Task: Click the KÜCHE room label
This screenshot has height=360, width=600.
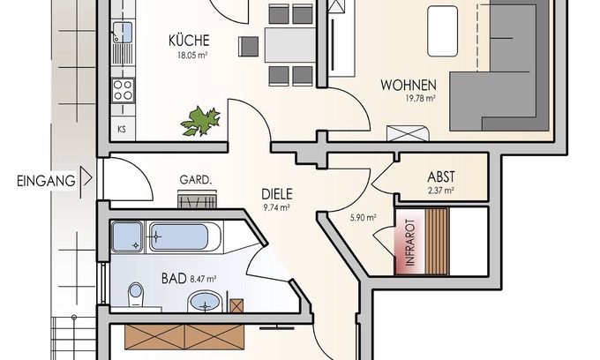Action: (189, 41)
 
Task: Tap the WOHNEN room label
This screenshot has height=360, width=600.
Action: (409, 85)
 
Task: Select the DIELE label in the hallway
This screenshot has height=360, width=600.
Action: (277, 194)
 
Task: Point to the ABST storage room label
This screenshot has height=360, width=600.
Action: (441, 176)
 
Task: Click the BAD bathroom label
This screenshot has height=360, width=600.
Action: (174, 278)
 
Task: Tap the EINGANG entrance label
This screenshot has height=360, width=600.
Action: (46, 181)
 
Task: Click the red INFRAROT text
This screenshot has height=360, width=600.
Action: (409, 242)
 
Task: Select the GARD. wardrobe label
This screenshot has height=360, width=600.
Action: (196, 180)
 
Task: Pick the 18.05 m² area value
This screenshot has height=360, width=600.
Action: (192, 55)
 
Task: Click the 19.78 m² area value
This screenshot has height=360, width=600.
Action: (421, 98)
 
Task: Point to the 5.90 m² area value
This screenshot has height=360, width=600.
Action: (364, 218)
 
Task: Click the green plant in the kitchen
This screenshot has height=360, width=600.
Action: (201, 121)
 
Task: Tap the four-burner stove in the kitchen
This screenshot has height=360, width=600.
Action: (123, 90)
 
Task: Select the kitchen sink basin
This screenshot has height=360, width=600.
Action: (123, 32)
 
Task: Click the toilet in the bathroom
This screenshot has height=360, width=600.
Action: (136, 294)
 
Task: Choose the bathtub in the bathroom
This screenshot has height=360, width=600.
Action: (184, 237)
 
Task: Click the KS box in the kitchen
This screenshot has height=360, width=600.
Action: (122, 130)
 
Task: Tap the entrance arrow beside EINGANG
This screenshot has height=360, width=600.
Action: (87, 178)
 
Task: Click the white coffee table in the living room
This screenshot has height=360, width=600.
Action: (442, 31)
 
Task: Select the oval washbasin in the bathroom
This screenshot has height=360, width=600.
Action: (205, 302)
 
